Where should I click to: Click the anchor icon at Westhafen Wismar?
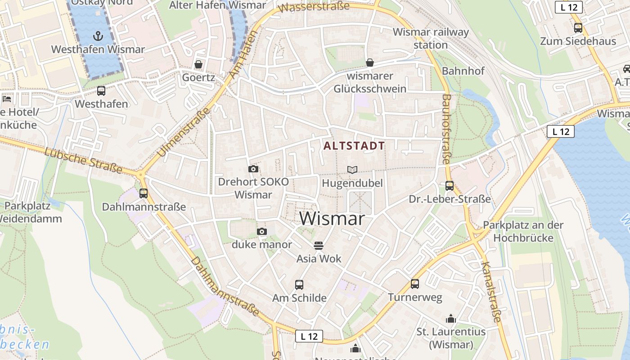click(98, 36)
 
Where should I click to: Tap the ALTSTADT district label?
click(354, 146)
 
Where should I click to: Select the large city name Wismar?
click(332, 219)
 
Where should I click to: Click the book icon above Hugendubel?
click(352, 170)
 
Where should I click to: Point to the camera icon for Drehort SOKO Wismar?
click(253, 169)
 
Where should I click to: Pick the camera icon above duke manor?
click(262, 231)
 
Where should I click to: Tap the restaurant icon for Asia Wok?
click(319, 245)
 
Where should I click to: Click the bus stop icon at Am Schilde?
click(299, 284)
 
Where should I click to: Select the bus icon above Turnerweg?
click(415, 284)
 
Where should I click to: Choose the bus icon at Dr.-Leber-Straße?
click(449, 185)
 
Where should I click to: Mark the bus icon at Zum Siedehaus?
click(578, 28)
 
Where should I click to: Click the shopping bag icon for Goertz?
click(198, 64)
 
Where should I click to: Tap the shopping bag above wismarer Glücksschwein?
click(370, 63)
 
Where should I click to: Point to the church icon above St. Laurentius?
click(451, 319)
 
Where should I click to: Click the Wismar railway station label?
click(431, 39)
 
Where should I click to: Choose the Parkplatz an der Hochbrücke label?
click(523, 231)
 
